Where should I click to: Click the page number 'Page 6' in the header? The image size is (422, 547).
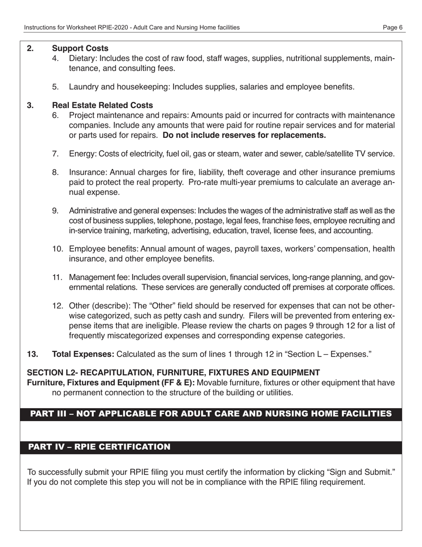click(x=393, y=28)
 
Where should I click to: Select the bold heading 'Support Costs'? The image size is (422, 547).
click(x=80, y=48)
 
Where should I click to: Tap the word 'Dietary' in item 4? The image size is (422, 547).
click(x=81, y=58)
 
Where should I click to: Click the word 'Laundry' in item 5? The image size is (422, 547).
click(x=83, y=87)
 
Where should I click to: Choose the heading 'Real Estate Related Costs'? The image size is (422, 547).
click(x=103, y=105)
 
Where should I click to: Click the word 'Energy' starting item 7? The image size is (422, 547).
click(x=81, y=154)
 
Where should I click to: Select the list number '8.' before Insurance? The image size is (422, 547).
click(x=56, y=173)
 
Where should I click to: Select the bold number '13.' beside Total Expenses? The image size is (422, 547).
click(x=32, y=354)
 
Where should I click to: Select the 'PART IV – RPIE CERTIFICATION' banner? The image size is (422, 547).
click(x=99, y=447)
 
